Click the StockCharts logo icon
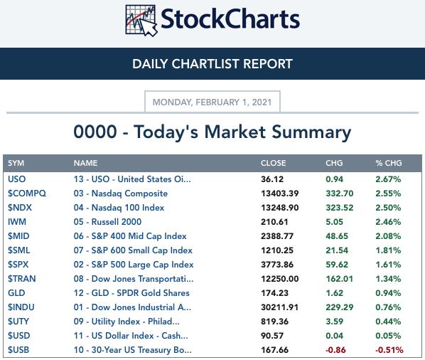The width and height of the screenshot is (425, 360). point(141,21)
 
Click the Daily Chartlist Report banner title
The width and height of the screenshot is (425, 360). point(212,64)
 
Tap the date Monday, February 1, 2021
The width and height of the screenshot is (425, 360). point(212,102)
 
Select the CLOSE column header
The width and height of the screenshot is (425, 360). point(273,163)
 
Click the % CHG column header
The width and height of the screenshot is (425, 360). point(389,163)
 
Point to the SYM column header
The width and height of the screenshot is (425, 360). point(16,163)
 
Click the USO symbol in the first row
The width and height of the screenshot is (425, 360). point(17,179)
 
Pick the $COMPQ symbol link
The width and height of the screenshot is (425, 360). point(27,194)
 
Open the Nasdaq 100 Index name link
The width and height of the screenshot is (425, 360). point(119,208)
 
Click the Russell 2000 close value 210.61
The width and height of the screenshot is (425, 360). point(274,222)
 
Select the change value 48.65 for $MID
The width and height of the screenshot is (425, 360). point(337,236)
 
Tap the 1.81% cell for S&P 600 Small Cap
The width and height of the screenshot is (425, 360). point(388,250)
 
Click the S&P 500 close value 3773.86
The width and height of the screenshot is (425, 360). point(277,265)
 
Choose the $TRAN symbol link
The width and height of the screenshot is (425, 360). point(22,279)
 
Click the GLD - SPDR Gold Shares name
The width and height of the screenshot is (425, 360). point(131,293)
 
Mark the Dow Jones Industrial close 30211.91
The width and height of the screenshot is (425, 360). point(280,307)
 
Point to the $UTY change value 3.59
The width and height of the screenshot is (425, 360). point(335,322)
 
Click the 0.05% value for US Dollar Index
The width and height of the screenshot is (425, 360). point(388,336)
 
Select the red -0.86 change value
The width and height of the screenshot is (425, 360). point(335,350)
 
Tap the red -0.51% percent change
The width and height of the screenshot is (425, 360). point(389,350)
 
